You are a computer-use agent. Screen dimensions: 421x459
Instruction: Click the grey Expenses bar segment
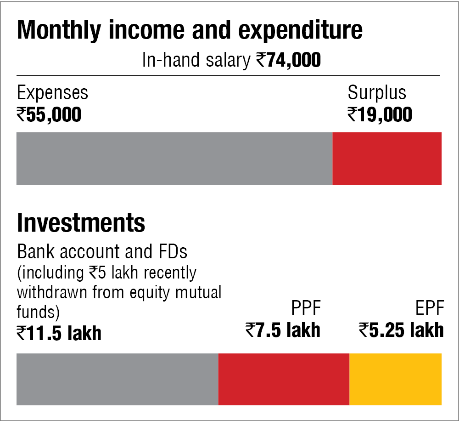[174, 159]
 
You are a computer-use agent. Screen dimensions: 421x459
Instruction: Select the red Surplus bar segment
[387, 159]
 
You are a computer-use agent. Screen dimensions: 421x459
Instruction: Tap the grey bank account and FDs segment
[118, 379]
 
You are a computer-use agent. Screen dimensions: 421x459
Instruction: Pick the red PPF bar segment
[284, 379]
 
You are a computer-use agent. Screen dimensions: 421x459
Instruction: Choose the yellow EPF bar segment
[395, 379]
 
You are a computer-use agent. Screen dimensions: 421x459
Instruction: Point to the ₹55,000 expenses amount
[49, 114]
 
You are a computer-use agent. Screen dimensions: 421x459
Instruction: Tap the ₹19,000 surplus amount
[380, 114]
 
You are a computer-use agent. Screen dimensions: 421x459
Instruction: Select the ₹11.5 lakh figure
[59, 333]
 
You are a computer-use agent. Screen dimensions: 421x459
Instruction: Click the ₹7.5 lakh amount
[283, 330]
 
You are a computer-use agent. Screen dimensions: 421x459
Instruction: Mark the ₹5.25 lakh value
[401, 330]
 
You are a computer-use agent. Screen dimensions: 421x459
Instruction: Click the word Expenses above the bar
[52, 93]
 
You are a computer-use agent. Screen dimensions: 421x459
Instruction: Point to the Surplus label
[377, 93]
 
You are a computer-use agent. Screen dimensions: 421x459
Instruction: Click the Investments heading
[81, 223]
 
